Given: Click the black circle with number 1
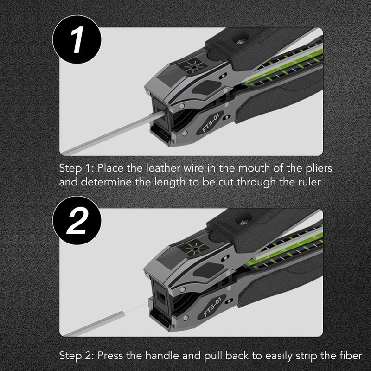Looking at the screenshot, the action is click(x=77, y=39).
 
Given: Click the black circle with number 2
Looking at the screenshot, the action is click(x=77, y=221).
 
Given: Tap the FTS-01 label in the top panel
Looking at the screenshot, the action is click(x=211, y=123).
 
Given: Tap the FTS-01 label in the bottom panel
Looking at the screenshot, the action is click(x=212, y=307).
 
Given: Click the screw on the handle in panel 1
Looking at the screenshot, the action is click(x=241, y=42).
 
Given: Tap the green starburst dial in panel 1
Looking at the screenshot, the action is click(x=194, y=67).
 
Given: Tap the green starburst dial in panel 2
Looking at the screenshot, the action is click(x=195, y=249).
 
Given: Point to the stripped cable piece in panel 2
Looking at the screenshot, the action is click(x=94, y=324).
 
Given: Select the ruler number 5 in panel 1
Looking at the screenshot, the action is click(x=294, y=62).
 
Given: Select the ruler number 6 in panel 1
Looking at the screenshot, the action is click(x=309, y=56).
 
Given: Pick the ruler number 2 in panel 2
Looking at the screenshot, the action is click(x=249, y=263).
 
